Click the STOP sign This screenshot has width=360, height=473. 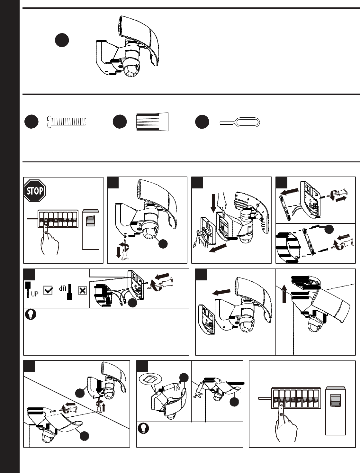pyautogui.click(x=35, y=191)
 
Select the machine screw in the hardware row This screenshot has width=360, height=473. pyautogui.click(x=67, y=122)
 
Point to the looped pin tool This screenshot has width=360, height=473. pyautogui.click(x=240, y=123)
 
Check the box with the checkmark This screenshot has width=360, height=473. pyautogui.click(x=48, y=290)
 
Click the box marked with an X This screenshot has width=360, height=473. pyautogui.click(x=82, y=290)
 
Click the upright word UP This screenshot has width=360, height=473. pyautogui.click(x=35, y=293)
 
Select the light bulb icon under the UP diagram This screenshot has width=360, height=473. pyautogui.click(x=31, y=314)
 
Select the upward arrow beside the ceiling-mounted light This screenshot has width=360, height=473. pyautogui.click(x=284, y=294)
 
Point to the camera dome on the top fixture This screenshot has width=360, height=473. pyautogui.click(x=131, y=68)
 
